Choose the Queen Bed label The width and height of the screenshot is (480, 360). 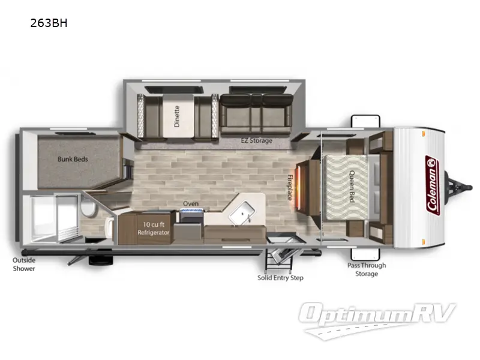(x=352, y=187)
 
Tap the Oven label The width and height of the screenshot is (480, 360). (x=191, y=203)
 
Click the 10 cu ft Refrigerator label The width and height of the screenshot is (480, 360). (x=153, y=228)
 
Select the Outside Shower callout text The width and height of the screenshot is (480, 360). (x=25, y=264)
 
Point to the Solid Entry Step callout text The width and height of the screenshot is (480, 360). (x=281, y=278)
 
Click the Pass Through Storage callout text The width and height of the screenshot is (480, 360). (x=367, y=269)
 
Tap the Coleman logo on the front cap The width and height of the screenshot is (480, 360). (x=431, y=185)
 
